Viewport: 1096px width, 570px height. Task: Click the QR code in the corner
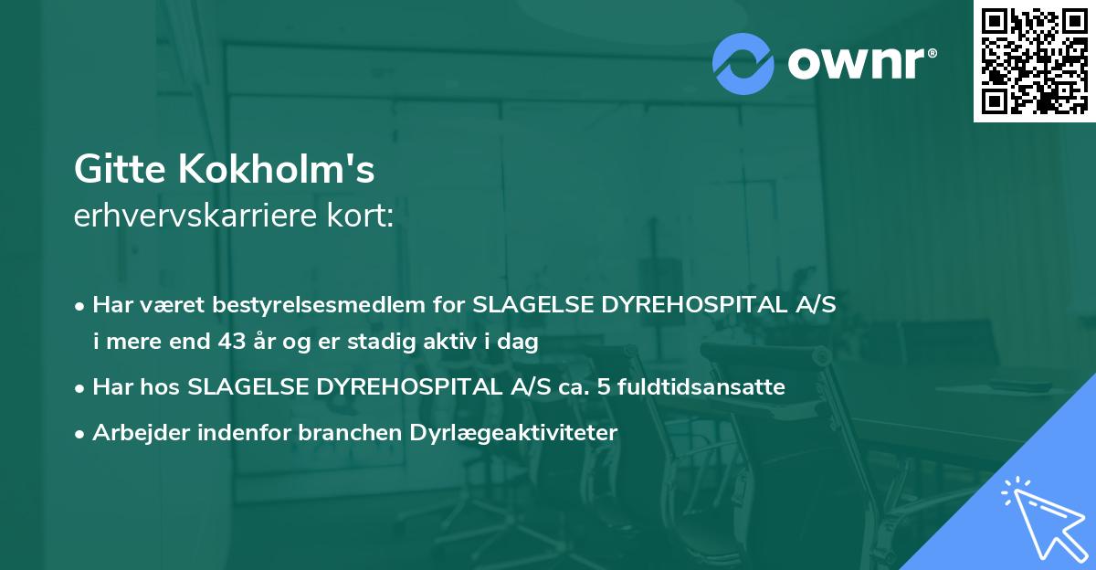click(1035, 60)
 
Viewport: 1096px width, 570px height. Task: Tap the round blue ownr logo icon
click(743, 63)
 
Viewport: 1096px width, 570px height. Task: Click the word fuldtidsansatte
click(701, 387)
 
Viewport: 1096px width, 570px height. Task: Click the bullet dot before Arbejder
click(81, 434)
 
